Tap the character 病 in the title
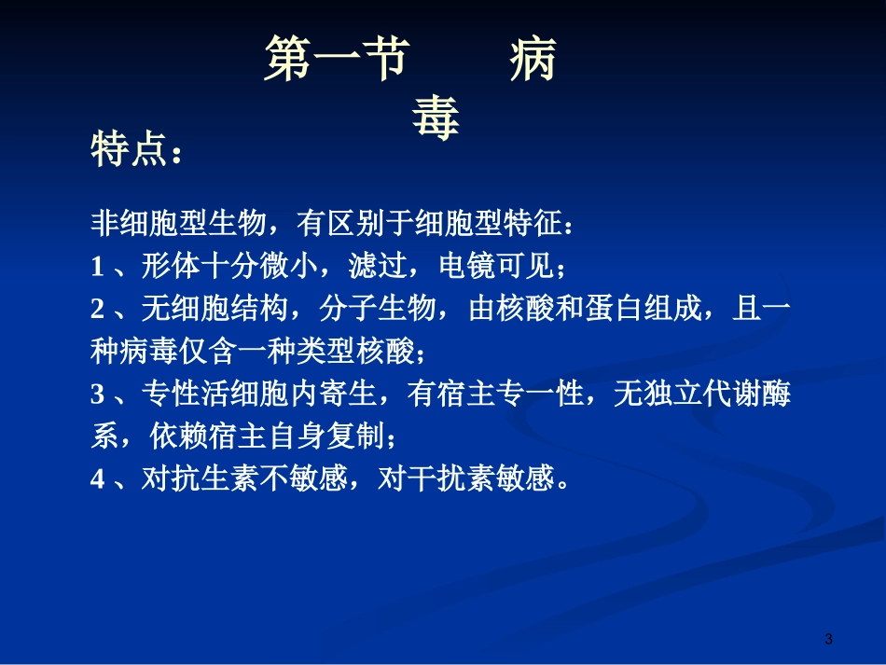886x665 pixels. [x=533, y=59]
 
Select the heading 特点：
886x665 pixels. [x=136, y=150]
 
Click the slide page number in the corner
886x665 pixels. [x=828, y=639]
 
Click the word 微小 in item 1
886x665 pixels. [x=284, y=268]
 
